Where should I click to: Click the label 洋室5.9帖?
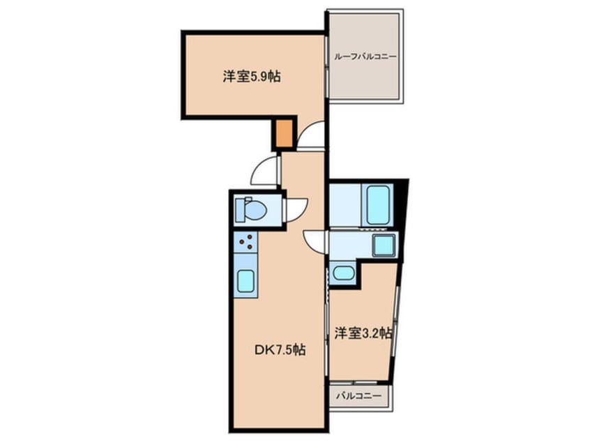pyautogui.click(x=252, y=77)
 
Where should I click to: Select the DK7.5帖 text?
pyautogui.click(x=278, y=350)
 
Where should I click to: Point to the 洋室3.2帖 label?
pyautogui.click(x=362, y=333)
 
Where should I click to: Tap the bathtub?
pyautogui.click(x=379, y=204)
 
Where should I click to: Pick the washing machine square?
pyautogui.click(x=383, y=245)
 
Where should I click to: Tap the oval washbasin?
pyautogui.click(x=342, y=273)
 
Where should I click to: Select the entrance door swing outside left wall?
pyautogui.click(x=266, y=170)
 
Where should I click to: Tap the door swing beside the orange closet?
pyautogui.click(x=312, y=135)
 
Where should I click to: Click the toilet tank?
pyautogui.click(x=240, y=208)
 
